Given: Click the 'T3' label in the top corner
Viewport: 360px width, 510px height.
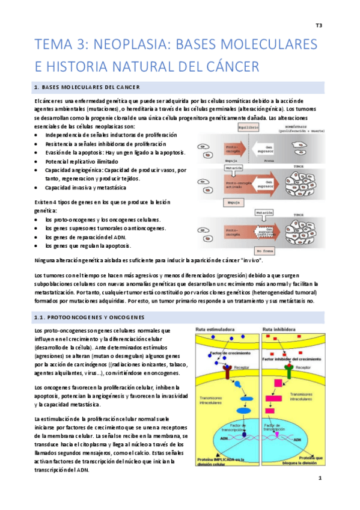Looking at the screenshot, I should (319, 25).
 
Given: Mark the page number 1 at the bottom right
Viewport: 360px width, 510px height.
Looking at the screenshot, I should (320, 478).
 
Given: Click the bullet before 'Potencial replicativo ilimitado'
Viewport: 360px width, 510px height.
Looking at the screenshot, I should (37, 162).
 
